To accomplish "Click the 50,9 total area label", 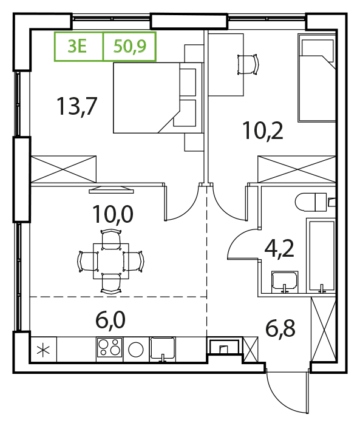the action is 130,46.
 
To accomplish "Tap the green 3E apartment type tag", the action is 77,46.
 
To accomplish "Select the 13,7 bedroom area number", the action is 76,106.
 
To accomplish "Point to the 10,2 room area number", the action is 263,130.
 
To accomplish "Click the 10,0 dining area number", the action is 113,214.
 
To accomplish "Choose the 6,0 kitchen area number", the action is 110,320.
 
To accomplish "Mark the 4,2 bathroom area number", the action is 279,249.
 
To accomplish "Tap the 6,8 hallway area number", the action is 280,328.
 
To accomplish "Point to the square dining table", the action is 111,261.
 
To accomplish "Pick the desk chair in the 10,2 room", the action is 248,64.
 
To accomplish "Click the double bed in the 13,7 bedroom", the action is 158,98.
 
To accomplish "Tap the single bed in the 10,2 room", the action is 317,78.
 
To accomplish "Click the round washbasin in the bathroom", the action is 285,282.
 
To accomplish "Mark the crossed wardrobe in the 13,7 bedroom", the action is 63,169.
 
